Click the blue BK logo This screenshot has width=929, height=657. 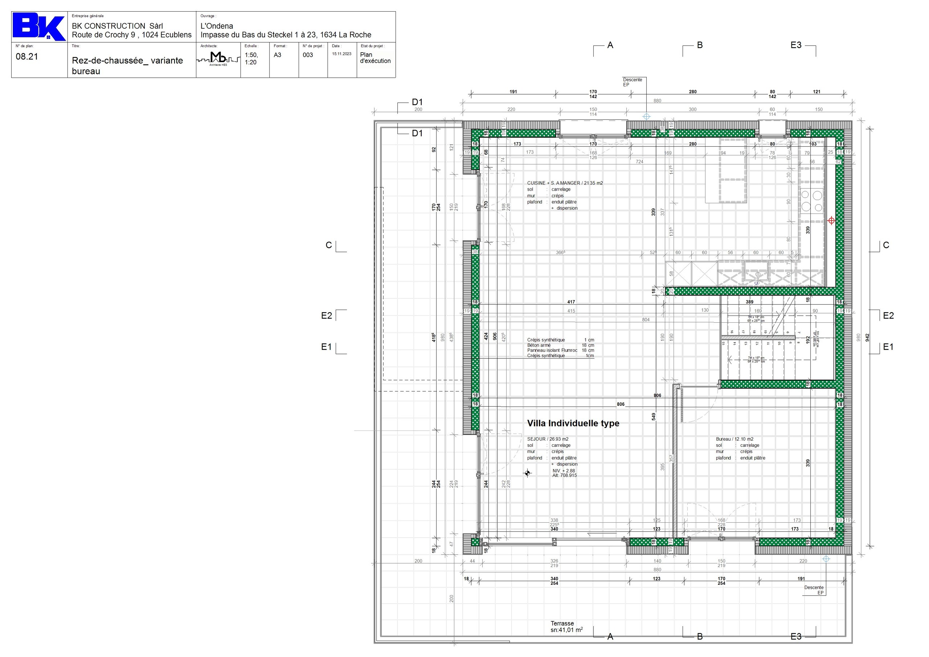[x=38, y=27]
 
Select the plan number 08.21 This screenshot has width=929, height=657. [x=27, y=57]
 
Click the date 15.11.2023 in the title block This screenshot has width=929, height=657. [x=341, y=54]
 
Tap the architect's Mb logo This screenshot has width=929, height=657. [x=218, y=58]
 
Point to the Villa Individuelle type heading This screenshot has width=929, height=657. [x=573, y=424]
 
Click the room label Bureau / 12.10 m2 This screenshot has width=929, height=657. [x=734, y=439]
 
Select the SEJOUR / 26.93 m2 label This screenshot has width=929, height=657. [x=548, y=439]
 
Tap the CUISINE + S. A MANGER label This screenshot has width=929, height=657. [x=564, y=183]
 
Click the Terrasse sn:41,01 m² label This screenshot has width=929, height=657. [x=566, y=627]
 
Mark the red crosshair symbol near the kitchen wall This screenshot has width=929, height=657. [x=831, y=221]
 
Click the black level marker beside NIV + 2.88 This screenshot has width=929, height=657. [x=527, y=473]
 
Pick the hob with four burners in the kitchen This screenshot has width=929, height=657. [x=812, y=201]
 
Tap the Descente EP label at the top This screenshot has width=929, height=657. [x=632, y=82]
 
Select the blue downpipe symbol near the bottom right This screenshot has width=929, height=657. [x=826, y=559]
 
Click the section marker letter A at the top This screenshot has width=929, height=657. [x=610, y=45]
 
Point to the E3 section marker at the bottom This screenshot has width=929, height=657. [x=795, y=636]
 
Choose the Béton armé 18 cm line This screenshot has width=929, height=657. [x=560, y=345]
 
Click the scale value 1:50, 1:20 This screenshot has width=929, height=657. [x=251, y=59]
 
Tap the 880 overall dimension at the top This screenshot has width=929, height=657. [x=657, y=101]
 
